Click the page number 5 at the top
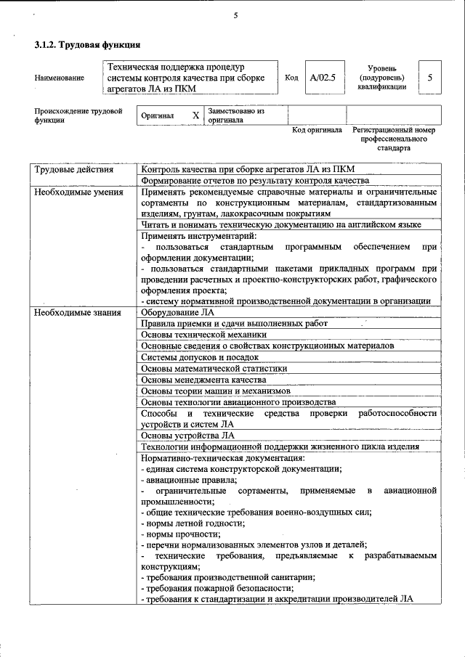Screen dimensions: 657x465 236,15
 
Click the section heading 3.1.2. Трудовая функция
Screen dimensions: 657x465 87,45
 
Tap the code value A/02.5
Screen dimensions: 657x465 322,77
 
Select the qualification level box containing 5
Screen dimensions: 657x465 431,77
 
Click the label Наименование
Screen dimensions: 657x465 59,78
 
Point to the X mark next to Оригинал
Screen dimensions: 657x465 195,115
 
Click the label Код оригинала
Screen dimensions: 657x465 317,131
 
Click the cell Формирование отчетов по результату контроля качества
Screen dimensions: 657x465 255,181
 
